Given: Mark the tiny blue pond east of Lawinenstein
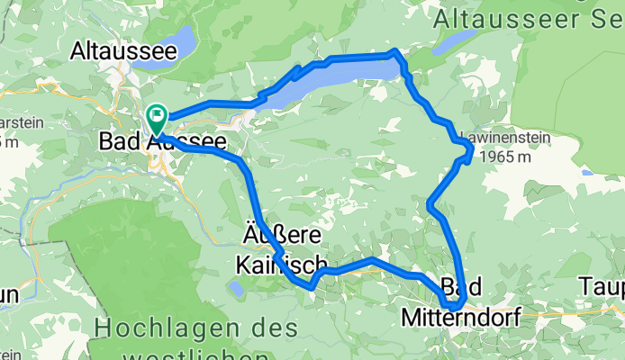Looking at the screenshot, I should click(586, 171).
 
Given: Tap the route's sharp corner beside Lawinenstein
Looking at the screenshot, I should click(469, 156).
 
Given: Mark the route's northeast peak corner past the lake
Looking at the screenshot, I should click(394, 53).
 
